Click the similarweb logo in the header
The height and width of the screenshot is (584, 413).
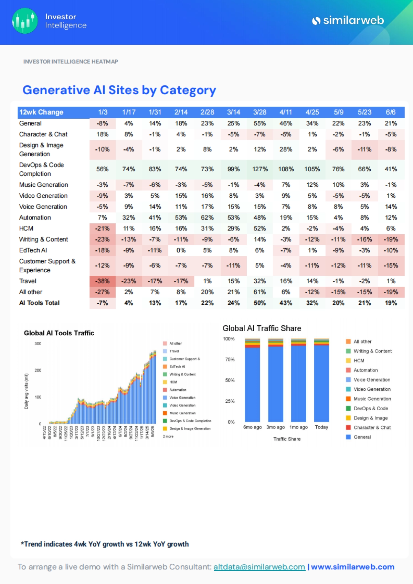click(x=348, y=21)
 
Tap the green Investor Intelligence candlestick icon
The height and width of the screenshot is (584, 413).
click(x=24, y=21)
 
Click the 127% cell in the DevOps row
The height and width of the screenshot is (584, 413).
click(x=260, y=169)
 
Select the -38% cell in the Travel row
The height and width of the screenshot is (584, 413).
click(x=103, y=281)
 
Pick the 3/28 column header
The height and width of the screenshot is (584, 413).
click(x=260, y=112)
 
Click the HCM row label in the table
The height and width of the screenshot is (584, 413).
click(x=26, y=228)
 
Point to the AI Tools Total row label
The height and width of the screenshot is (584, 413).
click(x=39, y=303)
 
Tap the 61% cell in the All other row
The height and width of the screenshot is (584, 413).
click(x=260, y=292)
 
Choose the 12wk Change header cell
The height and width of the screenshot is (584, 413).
click(x=41, y=112)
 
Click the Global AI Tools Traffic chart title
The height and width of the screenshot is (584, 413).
click(x=59, y=333)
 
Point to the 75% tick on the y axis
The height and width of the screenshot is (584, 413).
click(x=230, y=359)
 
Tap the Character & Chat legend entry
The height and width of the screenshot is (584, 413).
click(x=372, y=428)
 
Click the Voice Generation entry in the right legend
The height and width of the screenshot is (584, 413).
click(x=372, y=380)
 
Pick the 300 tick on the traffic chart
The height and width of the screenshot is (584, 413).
click(x=38, y=344)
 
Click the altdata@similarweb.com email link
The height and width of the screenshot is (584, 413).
click(x=259, y=567)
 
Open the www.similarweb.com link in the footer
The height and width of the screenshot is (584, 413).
click(x=352, y=567)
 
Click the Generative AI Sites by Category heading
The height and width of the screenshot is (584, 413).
click(x=119, y=90)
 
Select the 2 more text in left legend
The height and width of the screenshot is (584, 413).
click(x=168, y=436)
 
